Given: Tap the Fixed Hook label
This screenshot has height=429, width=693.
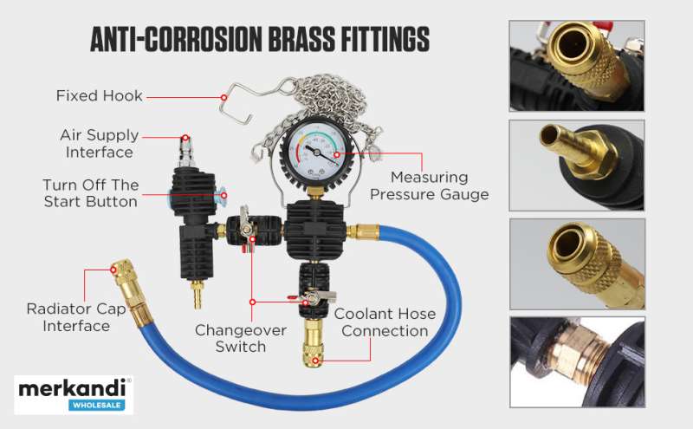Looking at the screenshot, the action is [x=100, y=95].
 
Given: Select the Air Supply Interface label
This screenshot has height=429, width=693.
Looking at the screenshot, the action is [x=100, y=143].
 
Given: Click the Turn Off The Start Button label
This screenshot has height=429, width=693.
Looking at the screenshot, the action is [x=91, y=193].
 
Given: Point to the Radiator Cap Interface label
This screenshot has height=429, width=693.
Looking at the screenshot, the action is [x=76, y=317].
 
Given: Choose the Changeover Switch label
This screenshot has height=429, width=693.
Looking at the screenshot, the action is [x=241, y=338].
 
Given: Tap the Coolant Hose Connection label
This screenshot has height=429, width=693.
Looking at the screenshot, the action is [x=385, y=322].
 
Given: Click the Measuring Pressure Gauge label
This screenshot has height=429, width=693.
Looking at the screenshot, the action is [x=430, y=185].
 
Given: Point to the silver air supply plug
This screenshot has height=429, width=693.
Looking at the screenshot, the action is [x=186, y=152].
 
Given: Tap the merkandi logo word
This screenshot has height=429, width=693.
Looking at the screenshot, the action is [x=73, y=389].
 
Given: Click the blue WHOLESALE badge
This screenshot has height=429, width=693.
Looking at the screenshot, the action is [x=97, y=405].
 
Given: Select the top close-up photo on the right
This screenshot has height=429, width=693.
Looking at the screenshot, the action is [x=577, y=66].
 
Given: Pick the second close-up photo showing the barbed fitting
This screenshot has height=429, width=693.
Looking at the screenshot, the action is [x=577, y=166].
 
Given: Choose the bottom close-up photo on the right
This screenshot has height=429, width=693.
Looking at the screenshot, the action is [x=577, y=361].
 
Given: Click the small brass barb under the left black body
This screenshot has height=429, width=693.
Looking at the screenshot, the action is [x=197, y=293].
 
